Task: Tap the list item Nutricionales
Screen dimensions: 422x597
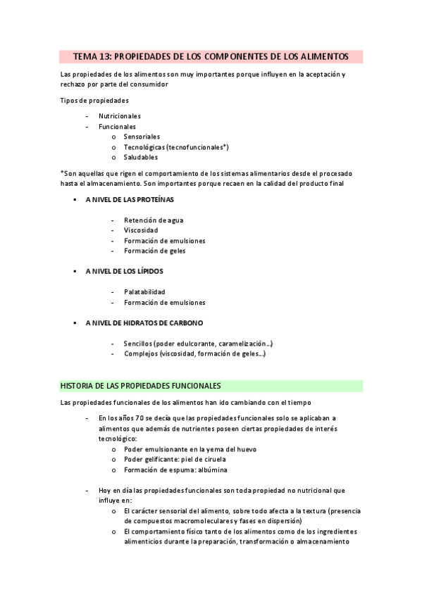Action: (119, 115)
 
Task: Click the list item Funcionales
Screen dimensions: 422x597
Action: (117, 126)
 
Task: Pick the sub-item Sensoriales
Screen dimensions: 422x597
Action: (142, 137)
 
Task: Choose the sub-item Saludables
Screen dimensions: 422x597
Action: (140, 157)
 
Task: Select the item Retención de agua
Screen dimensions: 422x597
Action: (153, 220)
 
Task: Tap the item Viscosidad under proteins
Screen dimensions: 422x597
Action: (141, 230)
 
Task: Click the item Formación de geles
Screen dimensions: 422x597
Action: (154, 251)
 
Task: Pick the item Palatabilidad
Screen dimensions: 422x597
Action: (144, 291)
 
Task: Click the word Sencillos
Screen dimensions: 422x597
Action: (139, 344)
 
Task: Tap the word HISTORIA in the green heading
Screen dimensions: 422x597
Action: (77, 386)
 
